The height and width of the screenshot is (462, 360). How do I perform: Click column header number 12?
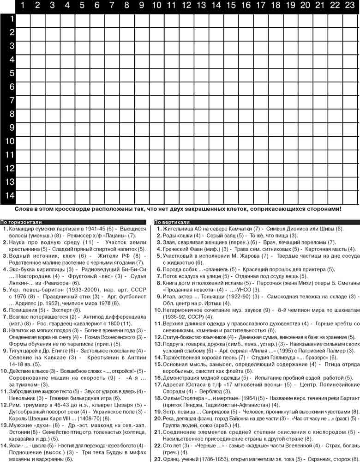point(186,6)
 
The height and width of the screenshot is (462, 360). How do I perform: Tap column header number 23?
point(349,6)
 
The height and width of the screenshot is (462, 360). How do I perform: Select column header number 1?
point(23,6)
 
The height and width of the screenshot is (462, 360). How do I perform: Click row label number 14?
point(9,196)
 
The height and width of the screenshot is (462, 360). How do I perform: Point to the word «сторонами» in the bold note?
point(323,209)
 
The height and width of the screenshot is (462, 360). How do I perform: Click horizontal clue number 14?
point(5,446)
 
